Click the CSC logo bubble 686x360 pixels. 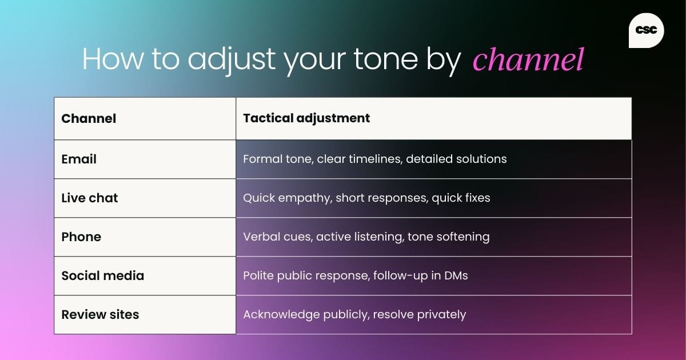tap(646, 30)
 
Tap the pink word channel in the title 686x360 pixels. tap(528, 59)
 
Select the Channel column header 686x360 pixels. tap(89, 118)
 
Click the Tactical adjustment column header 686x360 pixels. tap(306, 118)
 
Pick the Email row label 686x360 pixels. tap(79, 159)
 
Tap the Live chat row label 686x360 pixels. tap(90, 198)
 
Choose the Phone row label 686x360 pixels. tap(81, 237)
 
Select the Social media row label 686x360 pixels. tap(103, 275)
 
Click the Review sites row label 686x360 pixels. tap(100, 314)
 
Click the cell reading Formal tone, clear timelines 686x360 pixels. tap(374, 159)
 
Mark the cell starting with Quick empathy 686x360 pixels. tap(366, 198)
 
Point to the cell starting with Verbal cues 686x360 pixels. tap(366, 237)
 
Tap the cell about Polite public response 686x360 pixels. tap(355, 275)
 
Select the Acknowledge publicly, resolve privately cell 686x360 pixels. tap(354, 314)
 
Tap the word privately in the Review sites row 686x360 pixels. tap(441, 314)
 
